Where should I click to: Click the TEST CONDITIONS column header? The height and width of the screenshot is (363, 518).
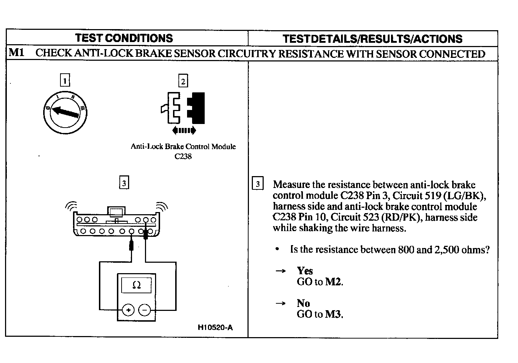click(x=124, y=38)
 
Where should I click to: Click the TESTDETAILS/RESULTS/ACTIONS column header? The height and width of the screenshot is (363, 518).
click(x=372, y=39)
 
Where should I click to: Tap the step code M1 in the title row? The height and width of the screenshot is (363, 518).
click(x=17, y=53)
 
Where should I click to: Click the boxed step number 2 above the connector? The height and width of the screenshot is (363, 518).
click(x=183, y=81)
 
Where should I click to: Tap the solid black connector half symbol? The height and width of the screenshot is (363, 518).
click(x=197, y=108)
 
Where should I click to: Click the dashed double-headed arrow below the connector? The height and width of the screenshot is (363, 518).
click(x=184, y=130)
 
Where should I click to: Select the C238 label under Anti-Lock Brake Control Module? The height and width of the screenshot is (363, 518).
click(x=183, y=156)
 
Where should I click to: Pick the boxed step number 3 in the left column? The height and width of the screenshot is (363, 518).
click(x=124, y=183)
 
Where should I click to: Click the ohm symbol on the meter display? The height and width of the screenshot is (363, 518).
click(x=136, y=285)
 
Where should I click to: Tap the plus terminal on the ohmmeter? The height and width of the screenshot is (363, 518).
click(x=128, y=309)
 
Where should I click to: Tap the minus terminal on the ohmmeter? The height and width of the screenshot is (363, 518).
click(x=145, y=309)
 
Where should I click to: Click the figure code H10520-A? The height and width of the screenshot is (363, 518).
click(x=215, y=327)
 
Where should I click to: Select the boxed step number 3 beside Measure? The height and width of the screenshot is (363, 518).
click(x=258, y=184)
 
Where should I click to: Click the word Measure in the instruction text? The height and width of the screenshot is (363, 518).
click(x=291, y=185)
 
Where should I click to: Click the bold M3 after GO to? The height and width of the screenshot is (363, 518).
click(x=333, y=314)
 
